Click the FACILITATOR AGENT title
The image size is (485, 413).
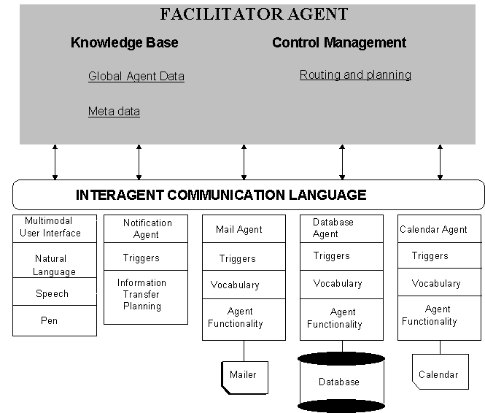click(255, 14)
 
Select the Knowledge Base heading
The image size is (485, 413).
click(124, 42)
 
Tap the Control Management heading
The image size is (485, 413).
click(338, 42)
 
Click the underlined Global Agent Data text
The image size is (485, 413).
click(136, 76)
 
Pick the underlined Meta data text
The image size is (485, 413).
click(114, 112)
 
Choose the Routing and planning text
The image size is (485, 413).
click(355, 74)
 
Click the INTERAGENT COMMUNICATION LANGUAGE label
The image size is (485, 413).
click(221, 195)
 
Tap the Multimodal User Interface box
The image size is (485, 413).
click(53, 228)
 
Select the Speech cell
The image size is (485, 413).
click(53, 293)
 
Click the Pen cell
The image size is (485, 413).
click(50, 320)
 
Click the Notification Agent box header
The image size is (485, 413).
click(147, 228)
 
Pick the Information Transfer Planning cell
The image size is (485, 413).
click(142, 294)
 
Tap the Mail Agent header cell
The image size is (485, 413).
click(239, 229)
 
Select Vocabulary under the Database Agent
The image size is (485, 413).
click(338, 283)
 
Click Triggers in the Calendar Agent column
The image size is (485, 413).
click(430, 255)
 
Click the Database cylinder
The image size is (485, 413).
click(341, 382)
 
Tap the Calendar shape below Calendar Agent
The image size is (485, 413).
click(438, 374)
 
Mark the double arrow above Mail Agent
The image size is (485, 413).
click(244, 161)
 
